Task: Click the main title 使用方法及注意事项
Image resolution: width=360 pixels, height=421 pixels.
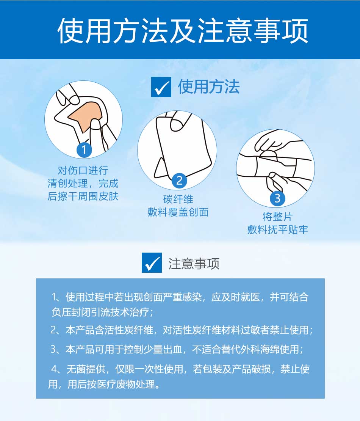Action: pos(183,31)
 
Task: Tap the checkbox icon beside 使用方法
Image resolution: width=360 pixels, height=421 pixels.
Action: pos(161,87)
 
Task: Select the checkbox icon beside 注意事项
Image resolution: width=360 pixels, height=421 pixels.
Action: pos(152,262)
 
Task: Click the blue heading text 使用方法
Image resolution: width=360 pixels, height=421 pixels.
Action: pos(209,87)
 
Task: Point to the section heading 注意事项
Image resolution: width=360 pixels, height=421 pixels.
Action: pos(194,263)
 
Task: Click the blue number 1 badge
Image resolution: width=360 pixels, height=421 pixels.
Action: pos(84,150)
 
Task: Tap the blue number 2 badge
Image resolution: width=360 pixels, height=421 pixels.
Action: pos(180,180)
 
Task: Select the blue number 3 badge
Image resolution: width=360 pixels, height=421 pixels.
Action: pos(277,198)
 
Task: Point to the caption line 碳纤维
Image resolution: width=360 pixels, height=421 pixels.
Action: pos(178,199)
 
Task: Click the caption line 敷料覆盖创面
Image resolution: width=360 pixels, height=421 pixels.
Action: pos(178,212)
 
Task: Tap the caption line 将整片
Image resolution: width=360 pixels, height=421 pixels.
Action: pos(277,217)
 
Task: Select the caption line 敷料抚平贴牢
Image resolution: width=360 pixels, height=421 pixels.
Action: pos(277,229)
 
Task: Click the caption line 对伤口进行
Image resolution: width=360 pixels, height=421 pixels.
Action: pos(83,170)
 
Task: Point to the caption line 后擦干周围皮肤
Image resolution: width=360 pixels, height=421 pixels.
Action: pos(83,196)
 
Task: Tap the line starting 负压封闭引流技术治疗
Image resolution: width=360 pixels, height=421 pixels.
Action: pos(102,312)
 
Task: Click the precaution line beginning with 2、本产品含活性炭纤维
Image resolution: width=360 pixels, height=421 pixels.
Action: pos(182,330)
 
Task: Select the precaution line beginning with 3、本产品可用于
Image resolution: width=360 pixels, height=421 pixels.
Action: pos(177,349)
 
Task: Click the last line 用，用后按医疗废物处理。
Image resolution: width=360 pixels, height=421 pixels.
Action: pos(104,384)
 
